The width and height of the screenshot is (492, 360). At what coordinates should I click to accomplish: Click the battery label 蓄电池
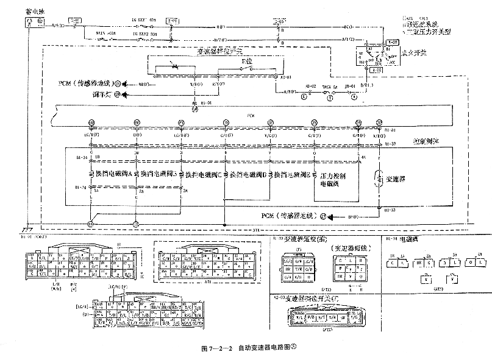(x=32, y=11)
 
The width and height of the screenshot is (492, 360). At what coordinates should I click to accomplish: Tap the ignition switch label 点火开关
(x=415, y=53)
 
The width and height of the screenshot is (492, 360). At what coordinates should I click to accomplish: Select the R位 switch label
(x=247, y=62)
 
